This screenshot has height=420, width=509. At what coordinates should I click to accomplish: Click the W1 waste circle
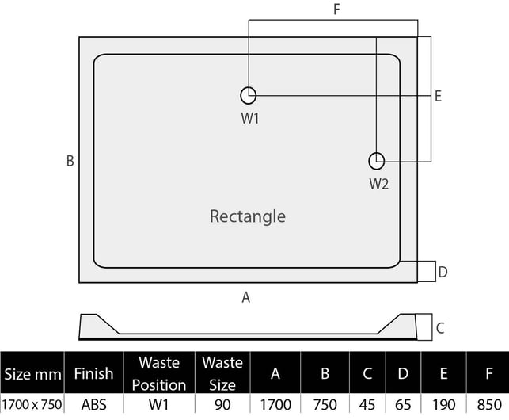click(x=241, y=96)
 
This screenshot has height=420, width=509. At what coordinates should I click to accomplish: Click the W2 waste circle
click(x=370, y=161)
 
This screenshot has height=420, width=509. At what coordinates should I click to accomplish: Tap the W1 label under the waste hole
click(x=250, y=118)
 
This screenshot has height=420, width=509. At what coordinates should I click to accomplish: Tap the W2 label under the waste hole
click(x=379, y=184)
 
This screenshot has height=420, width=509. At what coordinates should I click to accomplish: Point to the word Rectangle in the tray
click(x=248, y=216)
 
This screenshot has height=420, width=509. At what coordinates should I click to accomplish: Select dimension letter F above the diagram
click(x=336, y=10)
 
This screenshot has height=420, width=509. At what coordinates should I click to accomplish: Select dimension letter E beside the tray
click(x=438, y=97)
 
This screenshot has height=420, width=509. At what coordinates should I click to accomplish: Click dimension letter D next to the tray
click(x=443, y=272)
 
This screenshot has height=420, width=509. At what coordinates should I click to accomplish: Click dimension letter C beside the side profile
click(x=440, y=328)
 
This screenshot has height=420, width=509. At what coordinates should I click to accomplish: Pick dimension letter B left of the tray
click(x=70, y=161)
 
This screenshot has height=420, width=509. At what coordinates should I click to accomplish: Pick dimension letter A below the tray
click(x=245, y=297)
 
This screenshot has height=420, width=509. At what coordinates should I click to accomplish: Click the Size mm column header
click(x=32, y=375)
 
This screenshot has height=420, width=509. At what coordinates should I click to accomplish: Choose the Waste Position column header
click(x=159, y=374)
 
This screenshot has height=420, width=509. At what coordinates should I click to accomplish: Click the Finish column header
click(x=94, y=373)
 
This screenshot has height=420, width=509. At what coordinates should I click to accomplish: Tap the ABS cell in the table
click(x=94, y=405)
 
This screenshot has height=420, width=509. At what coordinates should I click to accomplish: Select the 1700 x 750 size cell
click(x=32, y=405)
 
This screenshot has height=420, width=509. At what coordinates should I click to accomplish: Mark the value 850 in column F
click(x=489, y=405)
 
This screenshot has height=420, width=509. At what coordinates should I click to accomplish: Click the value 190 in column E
click(x=444, y=405)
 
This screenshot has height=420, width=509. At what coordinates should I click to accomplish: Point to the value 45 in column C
click(x=367, y=405)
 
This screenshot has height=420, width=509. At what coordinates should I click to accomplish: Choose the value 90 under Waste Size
click(x=222, y=405)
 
